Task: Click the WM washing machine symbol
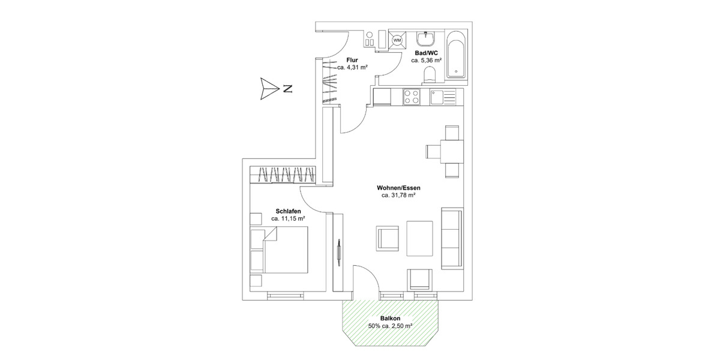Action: (x=397, y=41)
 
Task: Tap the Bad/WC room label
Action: (x=427, y=53)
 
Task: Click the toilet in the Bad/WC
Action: (x=429, y=74)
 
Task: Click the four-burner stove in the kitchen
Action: (x=412, y=97)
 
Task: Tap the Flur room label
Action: (x=352, y=60)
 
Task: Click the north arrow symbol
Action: (x=266, y=89)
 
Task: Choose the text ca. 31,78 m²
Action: (x=399, y=196)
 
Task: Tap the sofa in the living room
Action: (x=452, y=238)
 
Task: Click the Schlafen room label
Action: (x=288, y=211)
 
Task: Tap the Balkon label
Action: (x=390, y=319)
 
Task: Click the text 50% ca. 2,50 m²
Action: (x=390, y=326)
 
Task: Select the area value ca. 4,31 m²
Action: (x=352, y=68)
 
